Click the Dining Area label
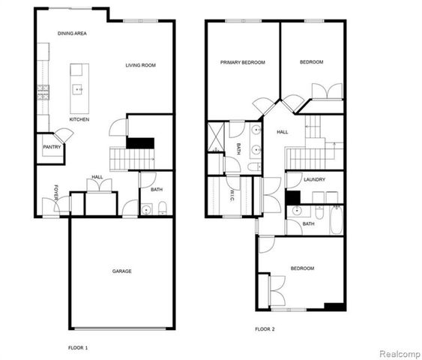click(x=74, y=34)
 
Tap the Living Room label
click(x=140, y=65)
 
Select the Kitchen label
click(x=79, y=119)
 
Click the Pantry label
click(x=52, y=147)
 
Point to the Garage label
click(x=122, y=271)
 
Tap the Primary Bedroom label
click(x=243, y=62)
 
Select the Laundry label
click(x=314, y=180)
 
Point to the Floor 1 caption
click(x=78, y=348)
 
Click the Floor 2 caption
click(x=265, y=329)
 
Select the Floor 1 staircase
click(x=131, y=158)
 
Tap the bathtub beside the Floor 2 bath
click(x=335, y=221)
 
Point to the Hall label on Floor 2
click(x=282, y=132)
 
